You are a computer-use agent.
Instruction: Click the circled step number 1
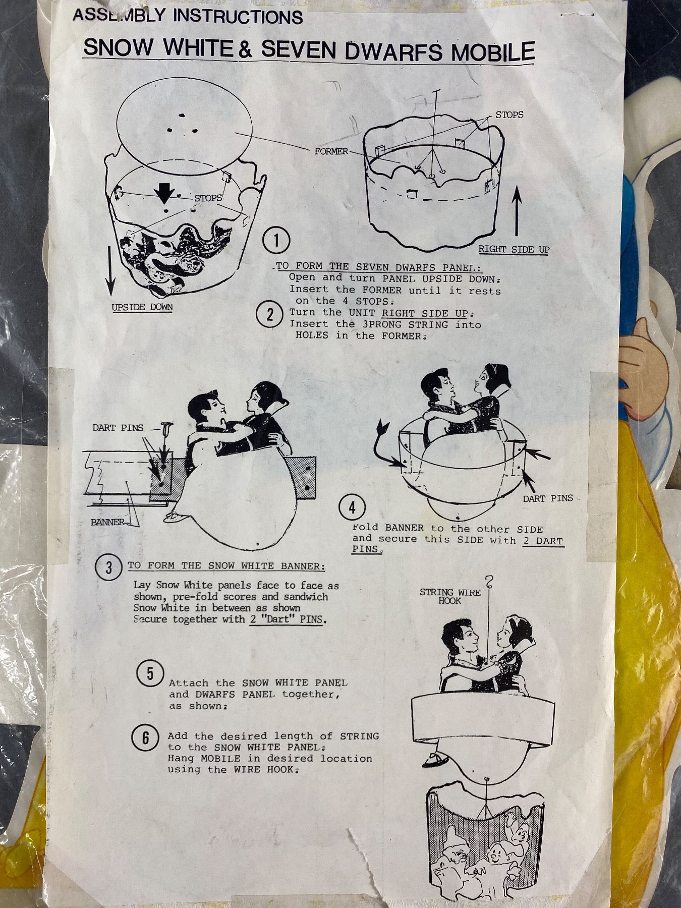click(276, 242)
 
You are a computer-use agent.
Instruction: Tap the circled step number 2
click(269, 315)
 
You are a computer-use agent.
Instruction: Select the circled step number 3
click(108, 569)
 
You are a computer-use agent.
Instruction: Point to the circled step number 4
click(352, 508)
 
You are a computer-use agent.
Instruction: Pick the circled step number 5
click(150, 674)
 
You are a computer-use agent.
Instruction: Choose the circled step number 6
click(146, 738)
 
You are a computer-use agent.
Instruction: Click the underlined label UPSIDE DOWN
click(142, 307)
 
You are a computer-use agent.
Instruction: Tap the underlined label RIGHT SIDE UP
click(514, 250)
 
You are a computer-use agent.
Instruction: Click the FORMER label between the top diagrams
click(331, 151)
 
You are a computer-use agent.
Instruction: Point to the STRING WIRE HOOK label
click(450, 596)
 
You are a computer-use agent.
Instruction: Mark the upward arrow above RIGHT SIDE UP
click(517, 211)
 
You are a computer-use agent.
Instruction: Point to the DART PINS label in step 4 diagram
click(548, 498)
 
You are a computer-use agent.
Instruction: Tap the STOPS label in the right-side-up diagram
click(509, 115)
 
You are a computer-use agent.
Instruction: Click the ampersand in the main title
click(246, 50)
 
